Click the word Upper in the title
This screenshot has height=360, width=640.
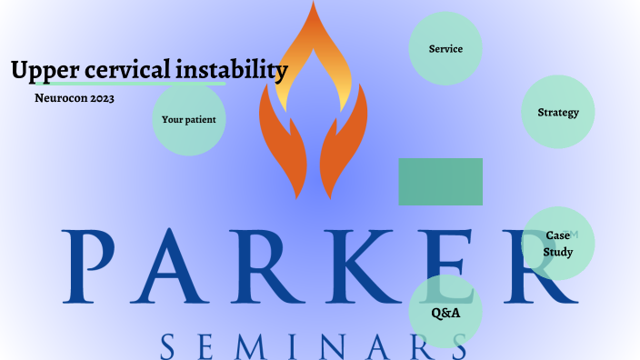point(37,70)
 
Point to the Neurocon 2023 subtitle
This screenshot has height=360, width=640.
point(75,96)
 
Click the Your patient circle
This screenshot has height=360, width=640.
point(189,119)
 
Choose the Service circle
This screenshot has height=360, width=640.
point(445,49)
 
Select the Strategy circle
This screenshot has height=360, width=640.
point(558,113)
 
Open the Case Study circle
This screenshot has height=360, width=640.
point(558,244)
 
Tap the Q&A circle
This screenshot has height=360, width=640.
point(445,313)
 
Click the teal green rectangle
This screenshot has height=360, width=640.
point(441,182)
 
